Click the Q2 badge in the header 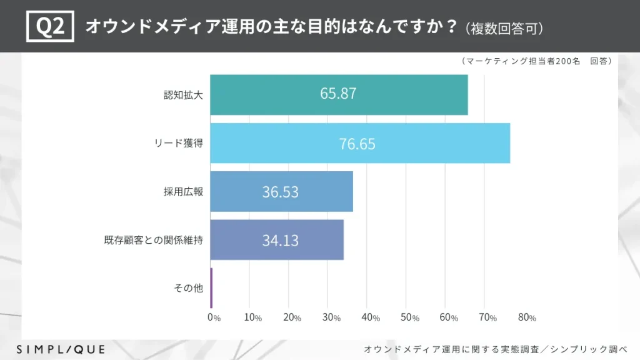(51, 27)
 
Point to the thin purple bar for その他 (211, 287)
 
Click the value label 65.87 (338, 94)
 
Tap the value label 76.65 (357, 144)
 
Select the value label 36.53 (280, 192)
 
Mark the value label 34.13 (280, 240)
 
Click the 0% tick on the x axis (214, 317)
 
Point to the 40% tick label (371, 317)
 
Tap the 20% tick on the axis (292, 317)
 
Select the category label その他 (188, 288)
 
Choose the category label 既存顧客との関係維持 (153, 240)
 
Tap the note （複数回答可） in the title (504, 27)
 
